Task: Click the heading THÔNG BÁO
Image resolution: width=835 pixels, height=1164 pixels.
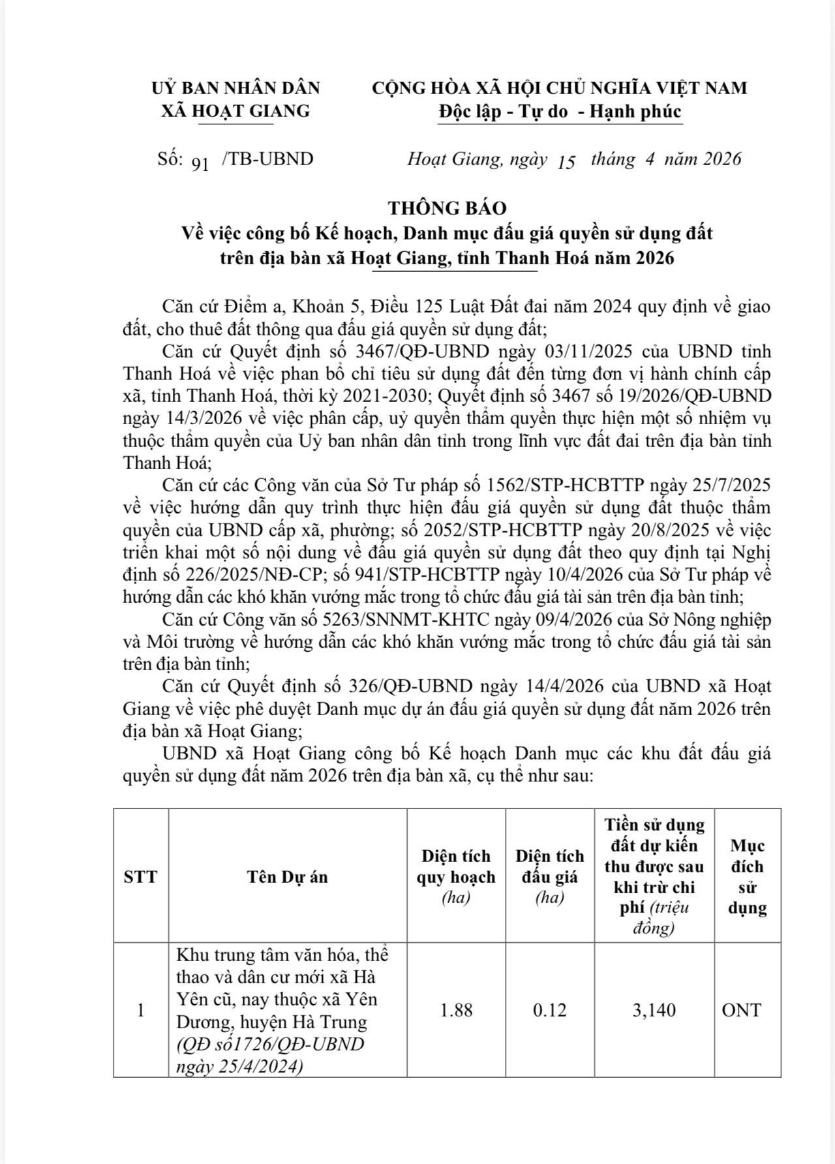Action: tap(447, 207)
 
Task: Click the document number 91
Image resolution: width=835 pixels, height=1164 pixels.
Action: tap(200, 163)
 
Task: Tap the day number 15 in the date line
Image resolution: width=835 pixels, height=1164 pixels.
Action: tap(567, 162)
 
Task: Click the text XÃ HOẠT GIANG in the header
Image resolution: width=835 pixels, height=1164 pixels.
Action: tap(235, 111)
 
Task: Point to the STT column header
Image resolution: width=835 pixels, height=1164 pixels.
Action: tap(140, 876)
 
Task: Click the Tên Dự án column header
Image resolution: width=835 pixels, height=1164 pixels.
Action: tap(287, 876)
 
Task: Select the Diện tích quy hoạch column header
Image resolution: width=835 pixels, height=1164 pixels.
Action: tap(456, 876)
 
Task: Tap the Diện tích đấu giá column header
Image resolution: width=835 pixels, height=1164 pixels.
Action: tap(549, 876)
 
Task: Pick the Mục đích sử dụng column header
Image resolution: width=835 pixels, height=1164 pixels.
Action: tap(747, 876)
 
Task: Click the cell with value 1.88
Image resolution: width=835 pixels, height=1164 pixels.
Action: tap(456, 1010)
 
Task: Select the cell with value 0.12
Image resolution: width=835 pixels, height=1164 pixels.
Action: tap(549, 1010)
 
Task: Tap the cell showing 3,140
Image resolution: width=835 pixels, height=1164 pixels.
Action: tap(654, 1010)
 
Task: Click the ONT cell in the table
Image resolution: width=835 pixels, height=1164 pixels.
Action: tap(741, 1010)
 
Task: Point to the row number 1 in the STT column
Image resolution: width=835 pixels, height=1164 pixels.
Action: tap(140, 1010)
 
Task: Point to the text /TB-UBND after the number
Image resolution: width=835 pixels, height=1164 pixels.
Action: tap(267, 159)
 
